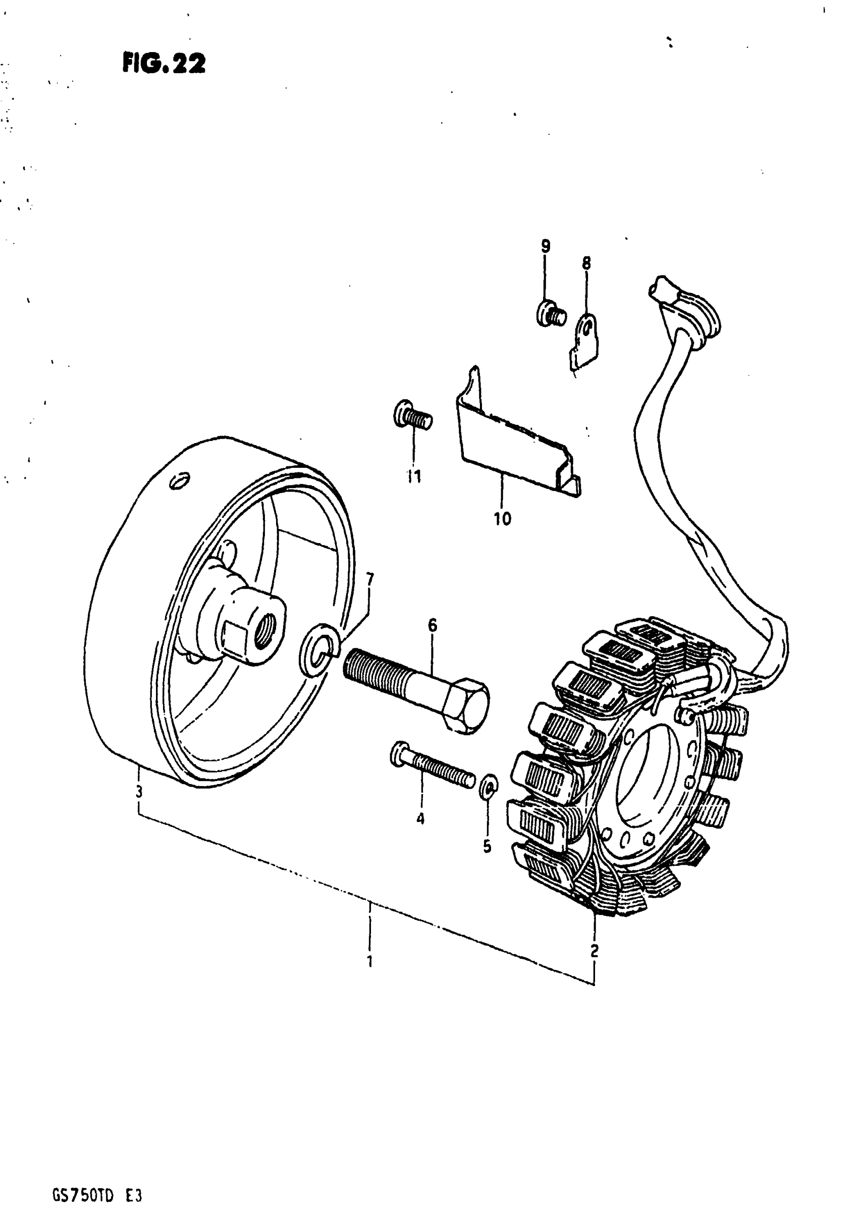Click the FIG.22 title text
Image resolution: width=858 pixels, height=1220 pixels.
[x=164, y=64]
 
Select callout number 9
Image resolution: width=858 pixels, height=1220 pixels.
[x=545, y=247]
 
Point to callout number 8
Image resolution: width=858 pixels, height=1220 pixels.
[x=586, y=263]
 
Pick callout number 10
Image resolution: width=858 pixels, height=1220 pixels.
[x=502, y=519]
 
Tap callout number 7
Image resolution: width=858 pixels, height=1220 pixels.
[x=369, y=578]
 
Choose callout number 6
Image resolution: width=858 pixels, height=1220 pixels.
[x=432, y=625]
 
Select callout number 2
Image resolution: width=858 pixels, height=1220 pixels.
[x=594, y=950]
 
